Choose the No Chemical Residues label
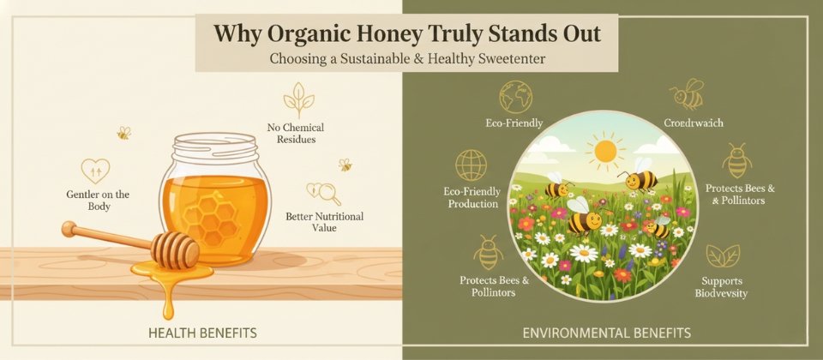click(x=295, y=133)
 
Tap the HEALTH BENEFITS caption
click(x=202, y=331)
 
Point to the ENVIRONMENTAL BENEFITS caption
click(x=607, y=331)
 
